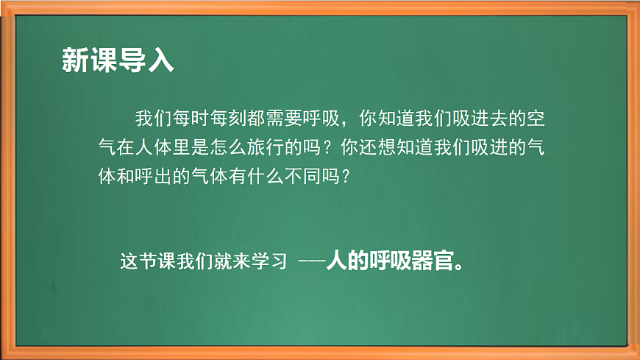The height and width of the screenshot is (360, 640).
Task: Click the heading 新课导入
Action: pos(118,61)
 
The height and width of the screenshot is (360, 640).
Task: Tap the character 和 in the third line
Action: pos(126,177)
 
